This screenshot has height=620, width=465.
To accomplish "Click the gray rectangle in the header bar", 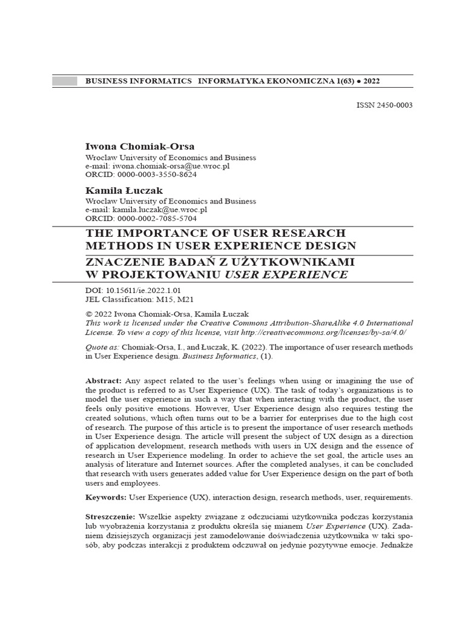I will click(x=65, y=81).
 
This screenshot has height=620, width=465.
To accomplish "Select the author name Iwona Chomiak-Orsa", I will click(x=140, y=146).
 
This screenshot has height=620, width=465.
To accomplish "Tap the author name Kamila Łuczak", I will click(x=124, y=191).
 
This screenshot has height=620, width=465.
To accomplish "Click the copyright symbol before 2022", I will click(x=89, y=315).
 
